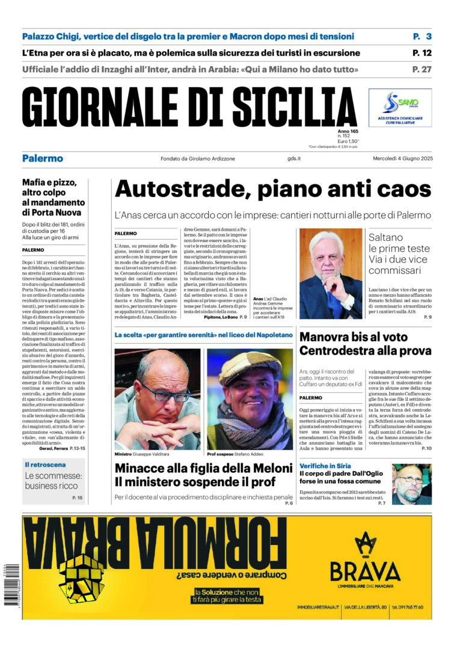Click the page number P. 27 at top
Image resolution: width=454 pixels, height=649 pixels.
click(x=422, y=69)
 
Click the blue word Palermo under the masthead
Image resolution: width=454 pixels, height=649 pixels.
click(x=43, y=159)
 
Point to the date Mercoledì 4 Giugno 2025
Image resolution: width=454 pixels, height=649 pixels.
click(x=398, y=159)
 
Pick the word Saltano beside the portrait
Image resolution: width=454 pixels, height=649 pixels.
click(x=386, y=237)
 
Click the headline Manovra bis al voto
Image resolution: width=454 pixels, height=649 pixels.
click(x=353, y=337)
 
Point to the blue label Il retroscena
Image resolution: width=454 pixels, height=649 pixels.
click(x=45, y=465)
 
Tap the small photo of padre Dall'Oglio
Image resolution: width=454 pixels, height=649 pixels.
click(x=412, y=483)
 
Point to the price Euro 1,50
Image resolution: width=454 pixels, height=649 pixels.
click(x=348, y=142)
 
